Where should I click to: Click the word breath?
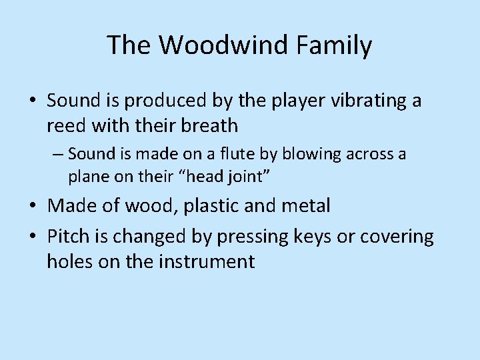point(210,125)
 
